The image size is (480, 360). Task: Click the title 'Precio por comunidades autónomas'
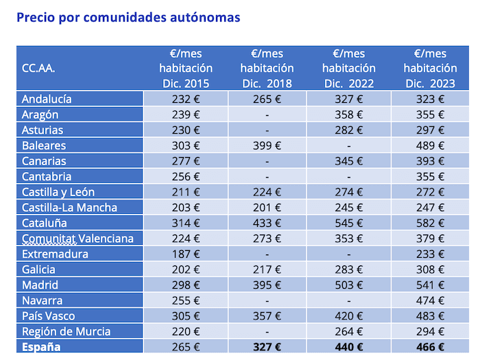(128, 17)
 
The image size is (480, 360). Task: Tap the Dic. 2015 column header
(186, 69)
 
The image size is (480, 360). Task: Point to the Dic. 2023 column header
(430, 69)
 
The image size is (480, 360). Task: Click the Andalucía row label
(47, 99)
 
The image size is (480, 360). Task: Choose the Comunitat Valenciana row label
(77, 239)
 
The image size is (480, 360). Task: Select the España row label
(41, 347)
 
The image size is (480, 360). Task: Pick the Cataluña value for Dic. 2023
(431, 223)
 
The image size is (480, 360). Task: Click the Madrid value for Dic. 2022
(349, 285)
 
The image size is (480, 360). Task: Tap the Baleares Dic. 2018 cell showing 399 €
(267, 145)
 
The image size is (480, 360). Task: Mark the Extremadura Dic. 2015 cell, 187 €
(186, 254)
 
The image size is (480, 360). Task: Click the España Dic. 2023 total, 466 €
(430, 347)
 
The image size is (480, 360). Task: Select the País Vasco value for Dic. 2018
(267, 316)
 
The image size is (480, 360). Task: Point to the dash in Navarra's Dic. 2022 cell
(348, 300)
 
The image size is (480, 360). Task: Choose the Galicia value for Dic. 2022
(349, 269)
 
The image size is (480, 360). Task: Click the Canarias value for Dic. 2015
(186, 161)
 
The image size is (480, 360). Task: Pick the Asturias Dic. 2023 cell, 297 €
(431, 130)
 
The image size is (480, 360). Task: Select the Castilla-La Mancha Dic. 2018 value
(267, 207)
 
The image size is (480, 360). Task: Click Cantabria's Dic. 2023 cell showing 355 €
(431, 176)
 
